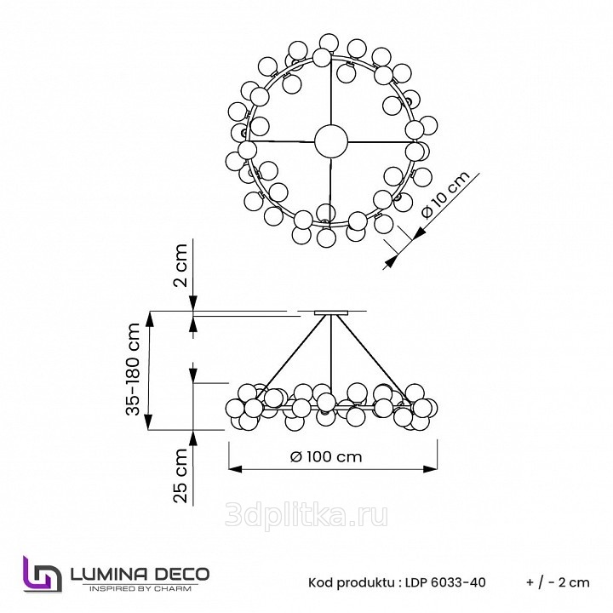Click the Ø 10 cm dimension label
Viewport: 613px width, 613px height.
coord(446,194)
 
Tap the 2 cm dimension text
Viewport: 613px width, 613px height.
coord(180,266)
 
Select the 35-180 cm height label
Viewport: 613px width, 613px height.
coord(134,369)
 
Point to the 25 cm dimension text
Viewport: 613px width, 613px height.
coord(180,475)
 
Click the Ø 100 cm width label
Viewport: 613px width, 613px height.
coord(326,456)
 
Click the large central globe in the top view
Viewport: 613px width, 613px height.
coord(331,141)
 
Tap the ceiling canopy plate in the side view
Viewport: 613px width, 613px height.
coord(331,312)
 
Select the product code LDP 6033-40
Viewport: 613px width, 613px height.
coord(445,582)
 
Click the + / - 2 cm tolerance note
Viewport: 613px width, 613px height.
coord(558,582)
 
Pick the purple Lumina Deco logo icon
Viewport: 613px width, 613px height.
coord(42,574)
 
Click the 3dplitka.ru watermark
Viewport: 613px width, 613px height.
coord(306,516)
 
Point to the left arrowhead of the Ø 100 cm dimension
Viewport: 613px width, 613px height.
coord(235,469)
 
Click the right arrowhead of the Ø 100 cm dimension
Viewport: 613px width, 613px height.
coord(430,469)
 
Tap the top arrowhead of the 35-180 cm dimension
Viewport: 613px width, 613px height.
coord(148,318)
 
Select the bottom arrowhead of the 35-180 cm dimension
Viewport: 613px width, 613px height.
coord(148,422)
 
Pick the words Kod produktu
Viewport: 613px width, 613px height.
coord(352,582)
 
